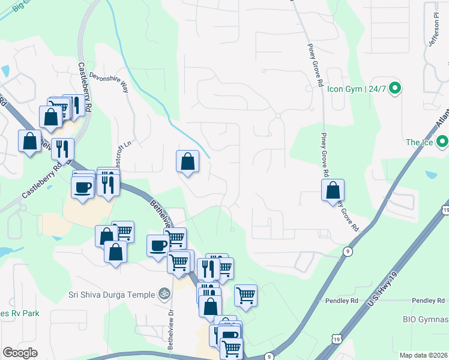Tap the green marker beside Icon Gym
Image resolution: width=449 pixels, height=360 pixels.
[x=394, y=89]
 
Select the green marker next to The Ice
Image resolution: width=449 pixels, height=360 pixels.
[x=442, y=142]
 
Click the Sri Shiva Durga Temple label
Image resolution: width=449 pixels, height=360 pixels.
[x=112, y=294]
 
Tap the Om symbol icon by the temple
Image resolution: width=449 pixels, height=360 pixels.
[x=161, y=294]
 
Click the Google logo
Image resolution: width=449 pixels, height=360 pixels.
[x=20, y=352]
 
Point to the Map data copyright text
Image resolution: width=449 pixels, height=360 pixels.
[x=423, y=355]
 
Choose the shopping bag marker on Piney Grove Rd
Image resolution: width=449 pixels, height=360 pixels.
[x=333, y=190]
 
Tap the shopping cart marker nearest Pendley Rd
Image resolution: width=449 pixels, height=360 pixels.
[x=246, y=295]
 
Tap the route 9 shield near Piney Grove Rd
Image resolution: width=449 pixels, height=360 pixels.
[x=348, y=252]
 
